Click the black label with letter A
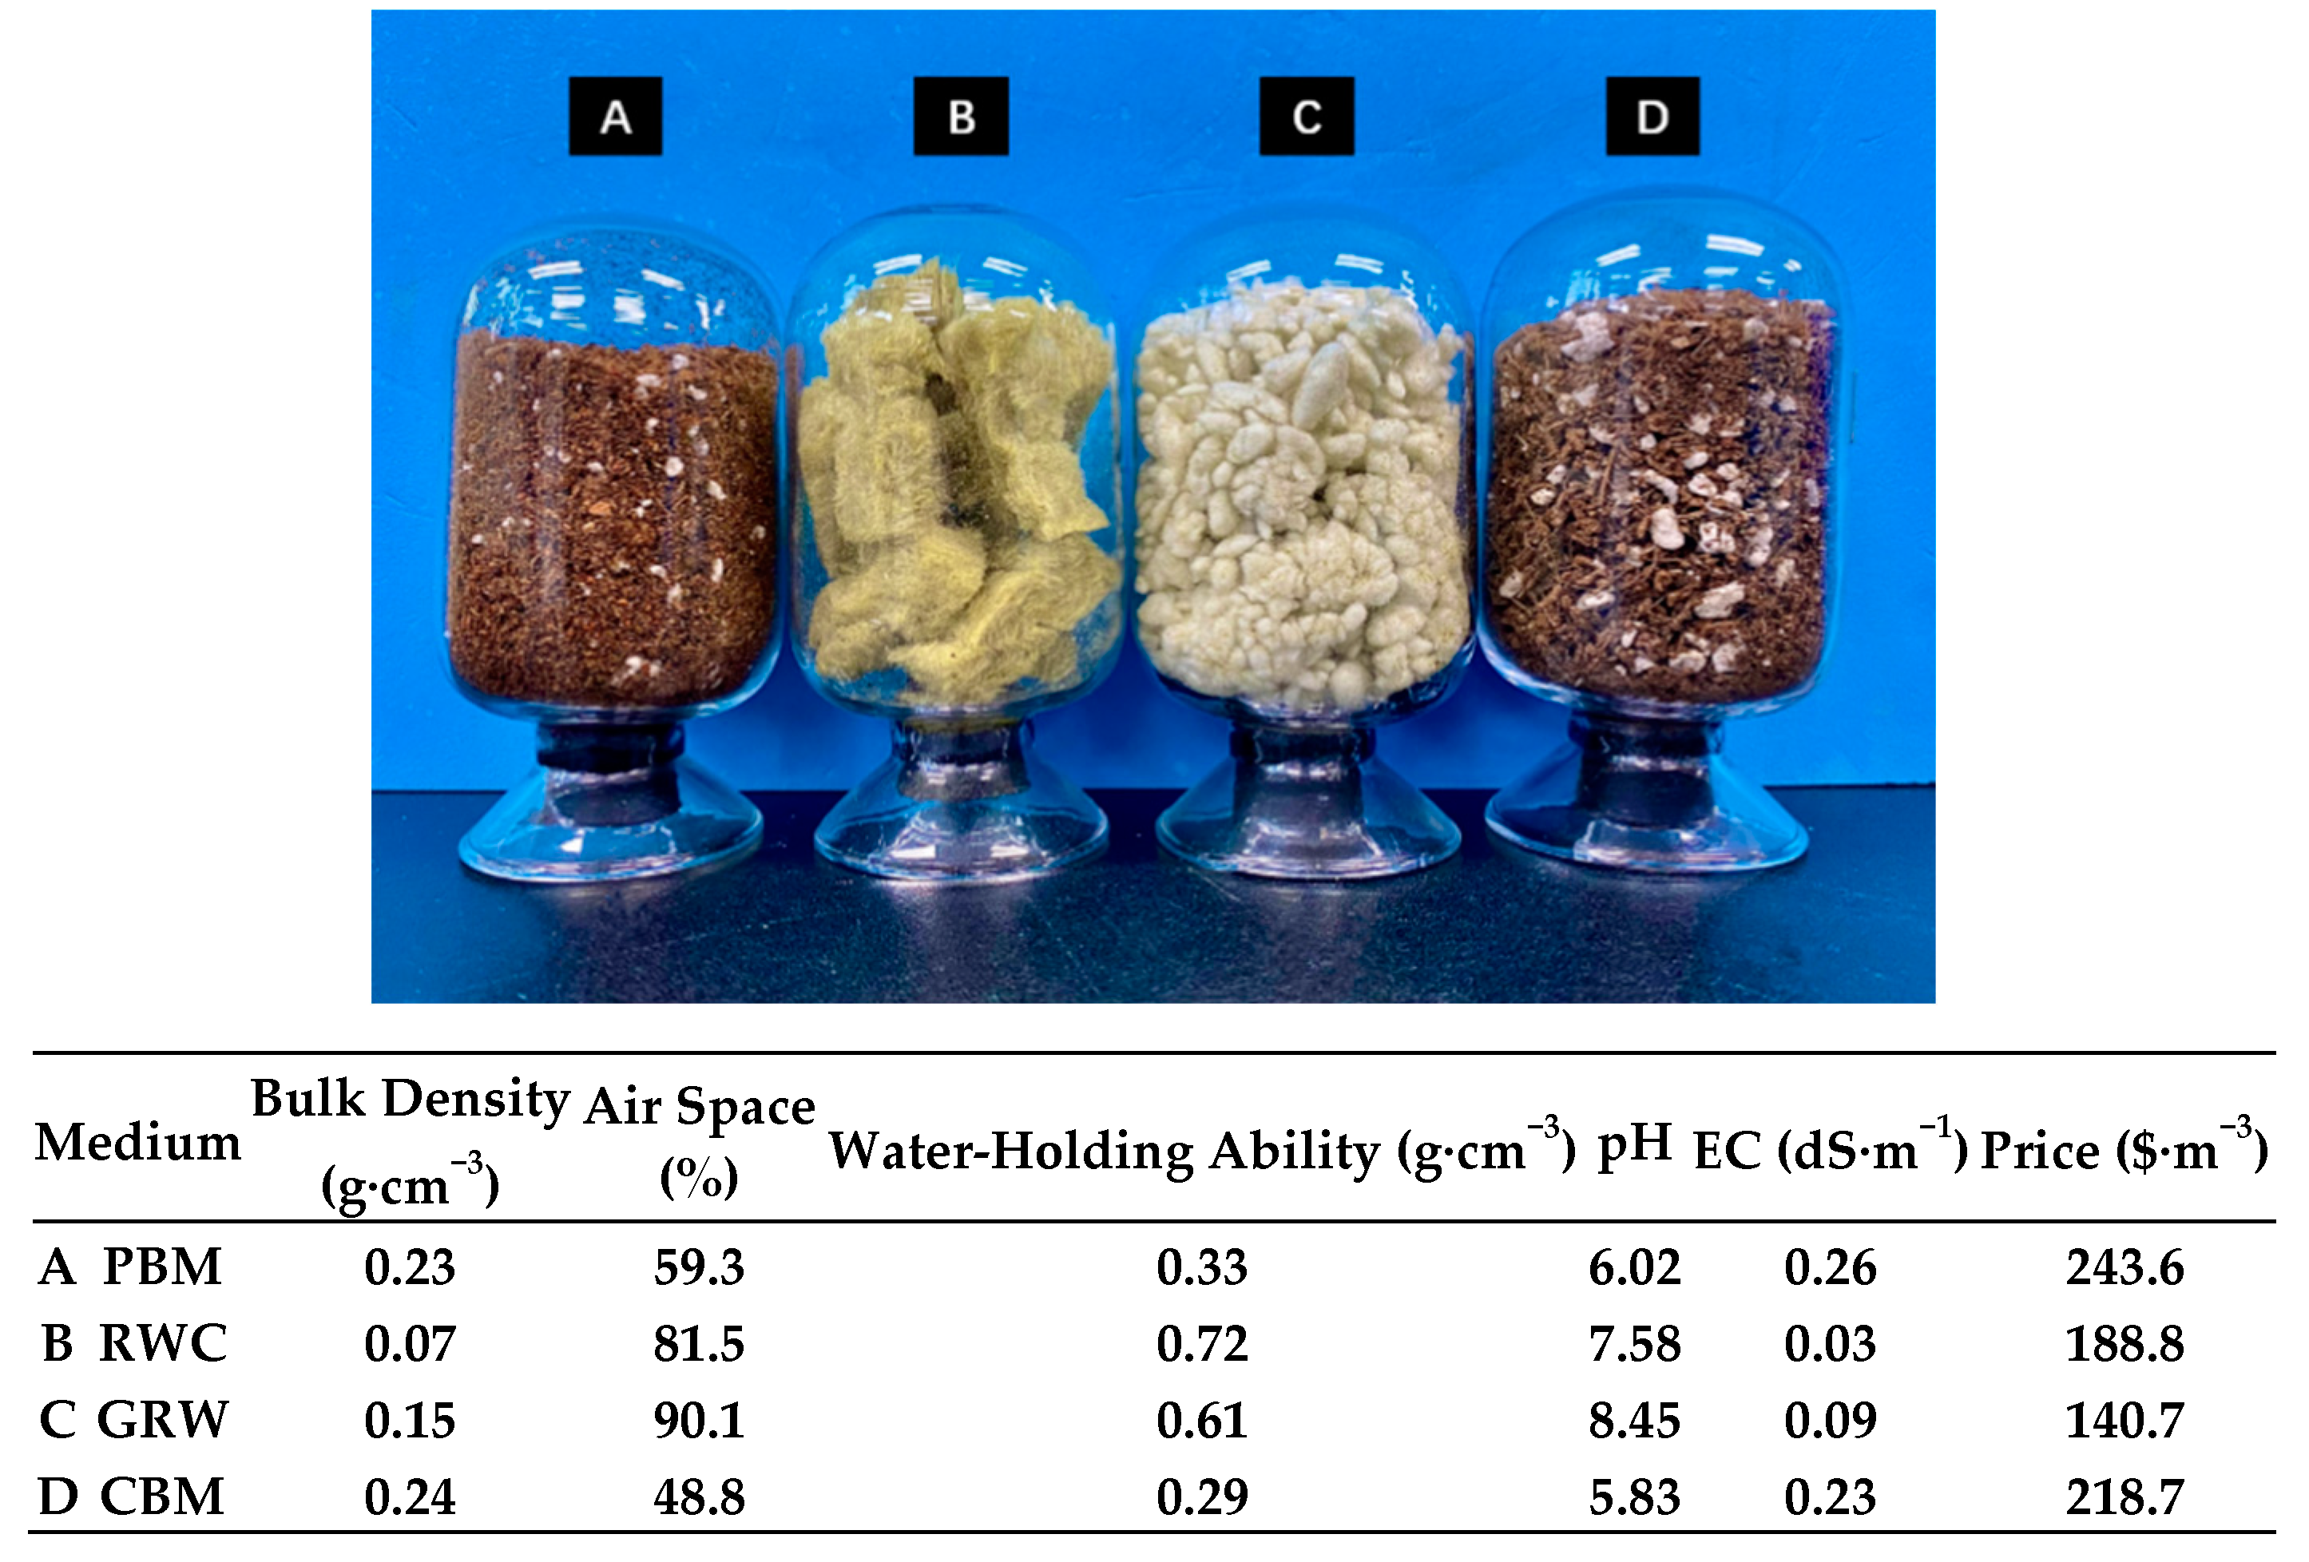(615, 117)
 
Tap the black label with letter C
(1306, 117)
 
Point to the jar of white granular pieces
(1302, 487)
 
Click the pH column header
(1633, 1143)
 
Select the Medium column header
(138, 1143)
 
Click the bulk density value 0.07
(410, 1343)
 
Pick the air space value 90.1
(699, 1420)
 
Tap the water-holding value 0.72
(1201, 1343)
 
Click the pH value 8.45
(1633, 1420)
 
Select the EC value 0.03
(1829, 1343)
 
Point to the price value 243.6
(2125, 1267)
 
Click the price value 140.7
(2125, 1420)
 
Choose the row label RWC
(163, 1343)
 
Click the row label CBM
(162, 1497)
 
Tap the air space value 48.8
(699, 1497)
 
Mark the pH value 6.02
(1633, 1267)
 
